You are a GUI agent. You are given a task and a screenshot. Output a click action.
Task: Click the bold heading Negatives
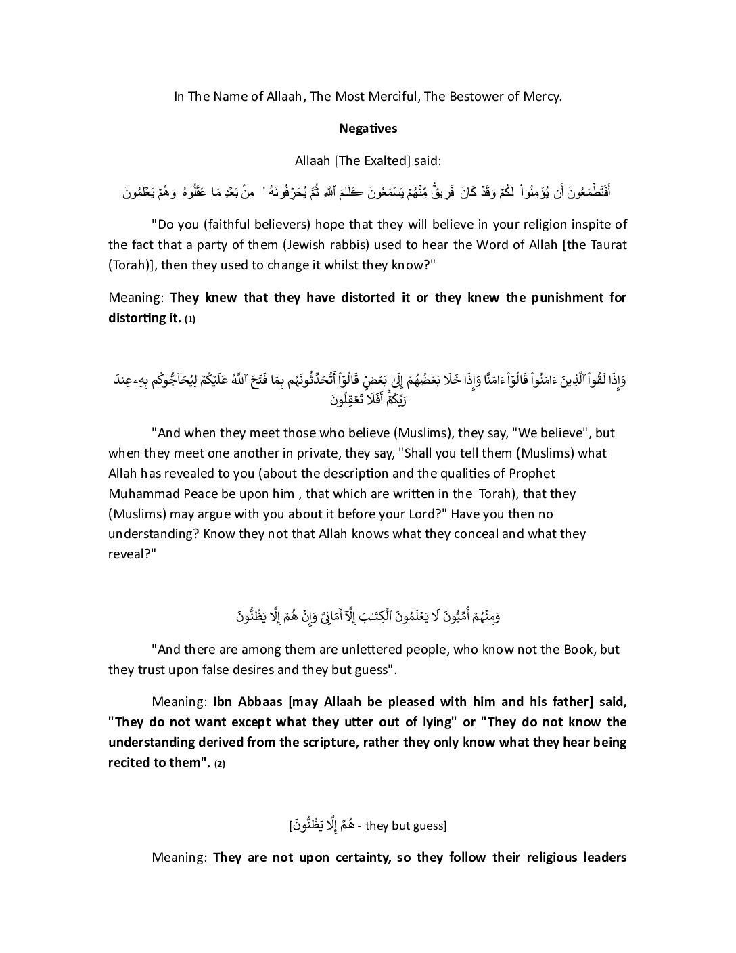(368, 129)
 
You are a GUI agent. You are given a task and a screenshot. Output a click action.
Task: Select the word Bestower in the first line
(480, 96)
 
